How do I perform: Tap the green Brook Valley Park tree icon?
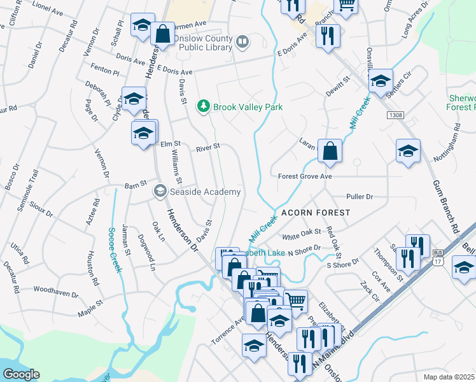pyautogui.click(x=204, y=106)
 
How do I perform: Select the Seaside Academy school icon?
pyautogui.click(x=160, y=191)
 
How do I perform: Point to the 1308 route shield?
pyautogui.click(x=395, y=115)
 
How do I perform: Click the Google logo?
pyautogui.click(x=21, y=374)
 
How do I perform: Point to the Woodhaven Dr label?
pyautogui.click(x=55, y=295)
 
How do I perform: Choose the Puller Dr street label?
pyautogui.click(x=360, y=197)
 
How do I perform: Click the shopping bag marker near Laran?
pyautogui.click(x=330, y=152)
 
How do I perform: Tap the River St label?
pyautogui.click(x=208, y=146)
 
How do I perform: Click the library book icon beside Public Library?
pyautogui.click(x=242, y=43)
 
